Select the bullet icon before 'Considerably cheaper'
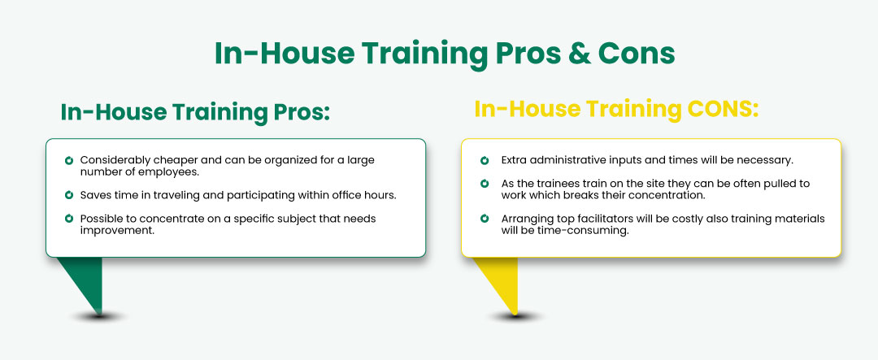click(x=69, y=160)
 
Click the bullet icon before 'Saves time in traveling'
click(x=69, y=195)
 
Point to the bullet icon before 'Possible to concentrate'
click(x=69, y=219)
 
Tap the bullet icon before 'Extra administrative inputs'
click(x=485, y=160)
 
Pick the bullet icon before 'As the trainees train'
click(x=485, y=184)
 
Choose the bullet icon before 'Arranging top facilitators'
click(x=485, y=219)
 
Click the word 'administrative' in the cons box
click(x=566, y=160)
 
